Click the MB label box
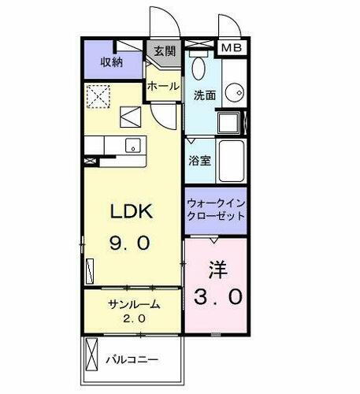[x=231, y=47]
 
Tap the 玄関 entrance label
[x=164, y=53]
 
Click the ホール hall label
[x=162, y=86]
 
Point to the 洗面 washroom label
[x=204, y=95]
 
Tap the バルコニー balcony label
[x=132, y=359]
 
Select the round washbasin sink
[x=234, y=93]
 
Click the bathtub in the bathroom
[x=232, y=162]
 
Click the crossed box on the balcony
[x=91, y=352]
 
